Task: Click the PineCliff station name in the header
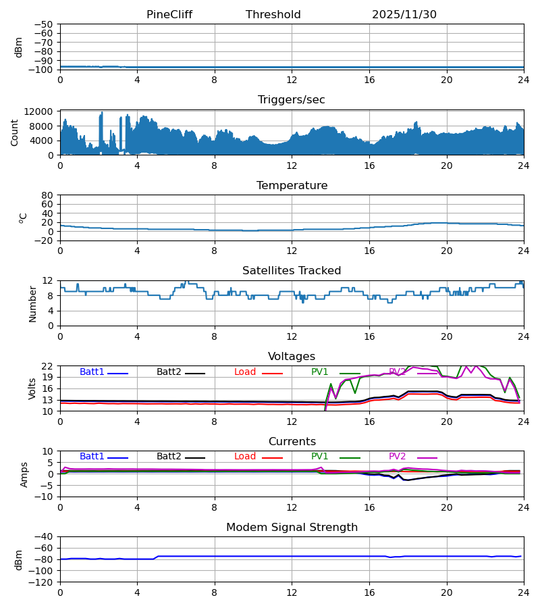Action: [x=173, y=15]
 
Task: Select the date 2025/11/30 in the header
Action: [x=404, y=15]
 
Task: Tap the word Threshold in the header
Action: [x=273, y=15]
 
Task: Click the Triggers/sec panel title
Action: [x=292, y=100]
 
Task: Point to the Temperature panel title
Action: [x=292, y=186]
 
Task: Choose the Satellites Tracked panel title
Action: [x=292, y=271]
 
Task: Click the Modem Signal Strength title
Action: [x=292, y=528]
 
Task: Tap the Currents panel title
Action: [x=292, y=442]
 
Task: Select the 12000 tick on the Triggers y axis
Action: [x=42, y=111]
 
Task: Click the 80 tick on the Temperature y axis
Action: [x=48, y=195]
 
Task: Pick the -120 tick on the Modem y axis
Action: [x=43, y=582]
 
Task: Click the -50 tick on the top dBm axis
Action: [x=45, y=24]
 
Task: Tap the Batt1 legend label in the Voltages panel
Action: [x=92, y=372]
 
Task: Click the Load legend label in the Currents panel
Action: [x=245, y=457]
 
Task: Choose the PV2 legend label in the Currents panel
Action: [x=398, y=457]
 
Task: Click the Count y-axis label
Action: [x=15, y=132]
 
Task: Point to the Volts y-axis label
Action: [x=32, y=388]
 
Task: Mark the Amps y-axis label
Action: [x=24, y=474]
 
